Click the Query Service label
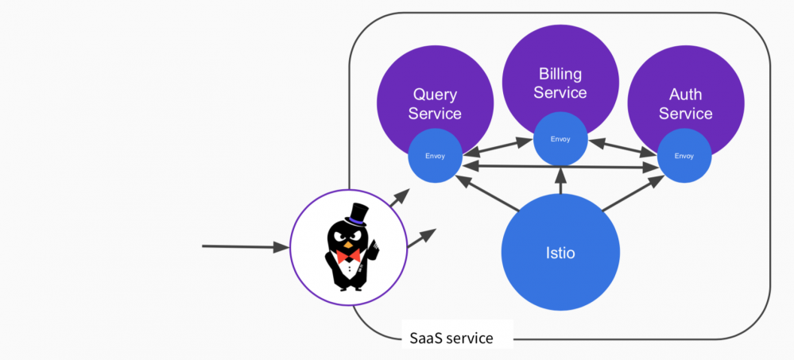coord(435,104)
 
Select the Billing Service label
coord(560,83)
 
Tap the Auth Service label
coord(685,104)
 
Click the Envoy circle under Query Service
coord(435,156)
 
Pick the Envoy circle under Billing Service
coord(560,139)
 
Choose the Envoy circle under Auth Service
coord(684,156)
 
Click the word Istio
coord(560,254)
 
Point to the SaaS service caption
coord(451,338)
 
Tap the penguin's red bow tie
coord(347,257)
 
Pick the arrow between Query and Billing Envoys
coord(497,146)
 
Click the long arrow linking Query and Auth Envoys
coord(560,165)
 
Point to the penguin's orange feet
coord(347,287)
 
